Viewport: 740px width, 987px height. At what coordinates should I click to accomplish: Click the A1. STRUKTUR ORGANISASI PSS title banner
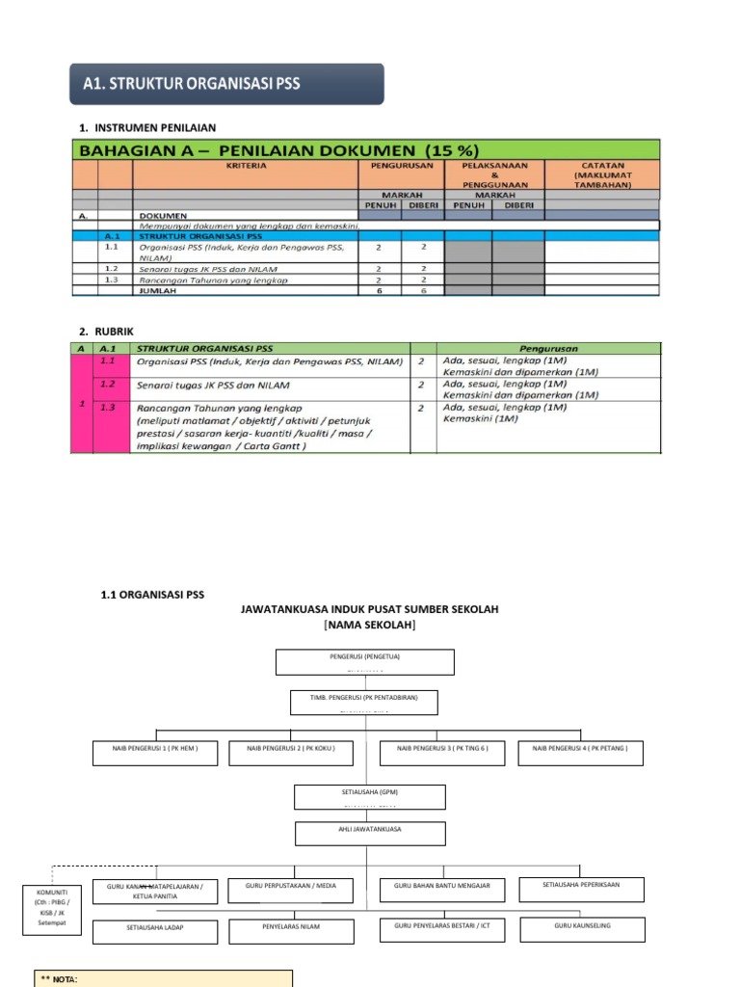point(226,84)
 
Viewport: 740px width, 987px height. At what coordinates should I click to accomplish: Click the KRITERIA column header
point(247,166)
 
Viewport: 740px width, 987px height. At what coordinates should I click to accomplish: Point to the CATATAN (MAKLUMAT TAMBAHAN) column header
point(602,174)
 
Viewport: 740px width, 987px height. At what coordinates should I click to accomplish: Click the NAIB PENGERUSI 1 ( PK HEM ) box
point(154,753)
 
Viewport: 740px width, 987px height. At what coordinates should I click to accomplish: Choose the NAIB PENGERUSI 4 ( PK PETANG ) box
point(581,753)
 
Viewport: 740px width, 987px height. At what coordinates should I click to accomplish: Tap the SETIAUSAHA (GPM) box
point(370,796)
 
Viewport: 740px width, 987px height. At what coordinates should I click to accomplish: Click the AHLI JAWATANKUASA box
point(370,833)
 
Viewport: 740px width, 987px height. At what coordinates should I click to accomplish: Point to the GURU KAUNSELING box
point(581,929)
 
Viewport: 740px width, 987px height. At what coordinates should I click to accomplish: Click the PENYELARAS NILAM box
point(291,930)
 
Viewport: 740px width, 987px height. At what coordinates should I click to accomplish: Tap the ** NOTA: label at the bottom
point(59,979)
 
